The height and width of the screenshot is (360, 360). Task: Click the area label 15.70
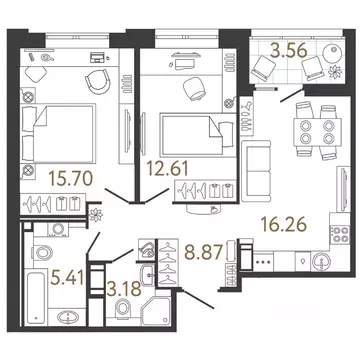(x=70, y=178)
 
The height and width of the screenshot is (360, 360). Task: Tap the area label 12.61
(x=168, y=168)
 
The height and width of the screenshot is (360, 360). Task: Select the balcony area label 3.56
(x=289, y=51)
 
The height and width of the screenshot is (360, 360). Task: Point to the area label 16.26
(x=283, y=224)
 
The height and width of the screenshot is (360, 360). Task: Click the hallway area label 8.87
(x=203, y=252)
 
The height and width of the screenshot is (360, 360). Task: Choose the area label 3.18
(x=124, y=289)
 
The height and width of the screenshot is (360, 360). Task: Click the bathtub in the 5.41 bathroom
(x=35, y=297)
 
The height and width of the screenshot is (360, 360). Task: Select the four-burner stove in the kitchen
(x=340, y=234)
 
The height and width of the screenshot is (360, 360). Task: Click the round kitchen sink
(x=321, y=261)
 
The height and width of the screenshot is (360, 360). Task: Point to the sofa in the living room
(x=256, y=171)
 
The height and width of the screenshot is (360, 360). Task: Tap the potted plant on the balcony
(x=334, y=71)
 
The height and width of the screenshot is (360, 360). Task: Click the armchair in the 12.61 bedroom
(x=194, y=88)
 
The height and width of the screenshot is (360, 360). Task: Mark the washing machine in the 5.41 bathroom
(x=58, y=229)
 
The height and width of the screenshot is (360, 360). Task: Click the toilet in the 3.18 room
(x=123, y=308)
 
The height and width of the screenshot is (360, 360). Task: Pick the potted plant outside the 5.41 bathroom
(x=96, y=215)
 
